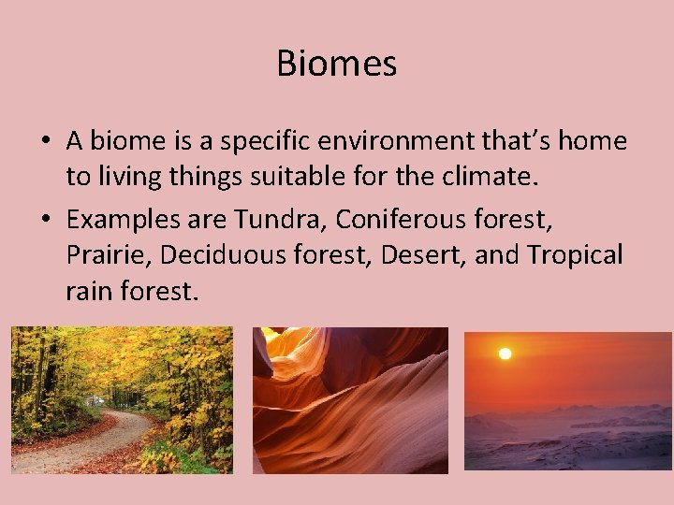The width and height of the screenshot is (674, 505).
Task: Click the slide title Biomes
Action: (337, 64)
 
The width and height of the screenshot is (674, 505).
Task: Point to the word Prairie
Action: (99, 254)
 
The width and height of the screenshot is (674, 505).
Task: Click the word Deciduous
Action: (210, 254)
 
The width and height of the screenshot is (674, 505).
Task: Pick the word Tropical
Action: (575, 254)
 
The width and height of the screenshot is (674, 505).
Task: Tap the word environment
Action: (393, 141)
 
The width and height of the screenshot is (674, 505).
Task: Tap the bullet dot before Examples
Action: (45, 221)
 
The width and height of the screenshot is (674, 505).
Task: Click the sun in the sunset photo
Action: (505, 354)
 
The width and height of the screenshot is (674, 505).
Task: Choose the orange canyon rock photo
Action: (350, 400)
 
